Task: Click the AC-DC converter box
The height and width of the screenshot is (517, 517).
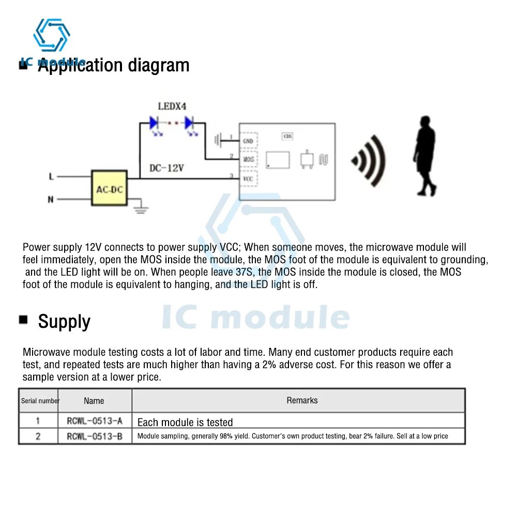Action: point(110,189)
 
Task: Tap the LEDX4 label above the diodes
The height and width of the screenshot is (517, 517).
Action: point(172,107)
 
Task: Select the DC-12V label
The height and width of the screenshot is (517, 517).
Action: point(168,168)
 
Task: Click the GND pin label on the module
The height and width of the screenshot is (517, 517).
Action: point(248,141)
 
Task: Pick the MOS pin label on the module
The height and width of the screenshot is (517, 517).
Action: point(249,159)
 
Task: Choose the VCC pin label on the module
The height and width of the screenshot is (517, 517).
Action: point(248,179)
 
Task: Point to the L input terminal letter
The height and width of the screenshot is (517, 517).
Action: point(51,177)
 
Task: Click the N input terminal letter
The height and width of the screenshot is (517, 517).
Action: point(51,200)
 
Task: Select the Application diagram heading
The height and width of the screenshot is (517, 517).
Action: point(114,66)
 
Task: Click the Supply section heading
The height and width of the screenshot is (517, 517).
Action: point(64,322)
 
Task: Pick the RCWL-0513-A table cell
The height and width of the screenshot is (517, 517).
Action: point(95,421)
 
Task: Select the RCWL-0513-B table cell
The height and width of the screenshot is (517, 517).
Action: point(95,436)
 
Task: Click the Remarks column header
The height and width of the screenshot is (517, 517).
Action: point(302,400)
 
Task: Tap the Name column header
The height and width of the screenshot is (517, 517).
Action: point(94,401)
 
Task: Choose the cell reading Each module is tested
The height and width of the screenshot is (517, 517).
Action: point(185,422)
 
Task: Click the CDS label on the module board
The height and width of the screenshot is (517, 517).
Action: point(287,136)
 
